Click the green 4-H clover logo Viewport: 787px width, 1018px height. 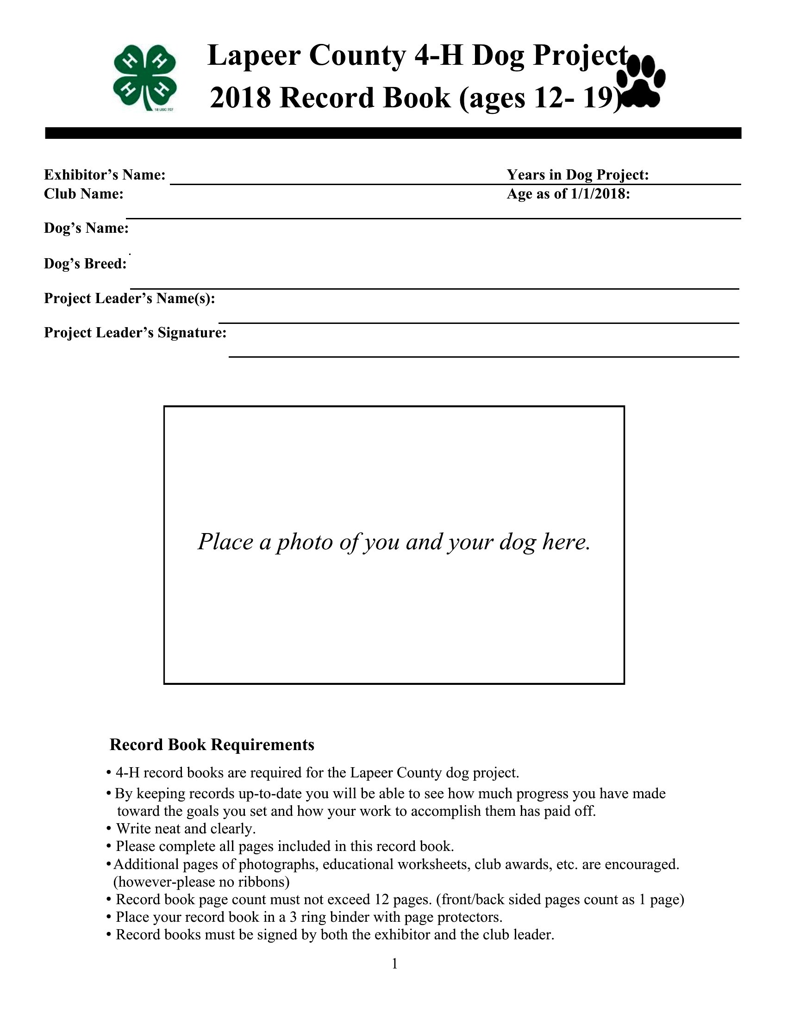[x=144, y=77]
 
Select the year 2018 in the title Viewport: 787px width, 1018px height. [x=240, y=98]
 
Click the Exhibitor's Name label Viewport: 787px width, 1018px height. [x=105, y=175]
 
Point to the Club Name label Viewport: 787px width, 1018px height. [x=83, y=194]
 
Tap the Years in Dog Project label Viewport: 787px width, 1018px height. [x=578, y=175]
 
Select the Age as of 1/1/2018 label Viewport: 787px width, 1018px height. [x=568, y=194]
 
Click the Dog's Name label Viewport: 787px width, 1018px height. [x=86, y=229]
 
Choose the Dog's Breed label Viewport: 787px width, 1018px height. [x=85, y=264]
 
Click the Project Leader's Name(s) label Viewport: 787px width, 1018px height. [x=130, y=298]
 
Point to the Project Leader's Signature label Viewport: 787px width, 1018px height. [x=135, y=333]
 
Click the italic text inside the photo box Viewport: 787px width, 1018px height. [x=394, y=542]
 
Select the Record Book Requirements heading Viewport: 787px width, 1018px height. [x=212, y=745]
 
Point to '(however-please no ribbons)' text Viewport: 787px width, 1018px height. [x=201, y=881]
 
